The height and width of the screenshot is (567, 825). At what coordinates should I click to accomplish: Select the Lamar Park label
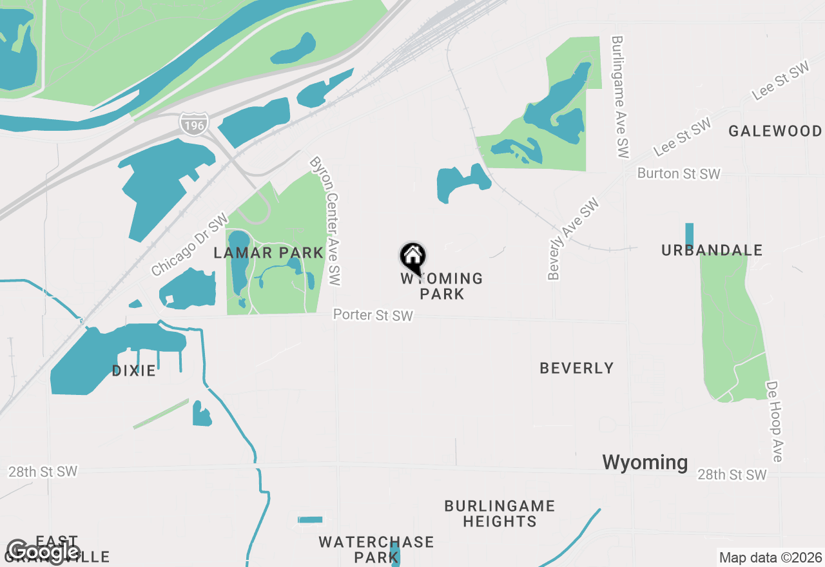268,253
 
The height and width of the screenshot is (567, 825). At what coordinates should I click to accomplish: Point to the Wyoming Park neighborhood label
442,286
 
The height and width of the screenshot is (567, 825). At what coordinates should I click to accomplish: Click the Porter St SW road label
373,315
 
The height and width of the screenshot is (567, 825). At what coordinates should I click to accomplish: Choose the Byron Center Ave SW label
325,221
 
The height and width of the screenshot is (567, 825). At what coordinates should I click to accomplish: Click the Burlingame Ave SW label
619,97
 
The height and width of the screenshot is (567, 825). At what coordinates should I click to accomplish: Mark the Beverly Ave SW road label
574,239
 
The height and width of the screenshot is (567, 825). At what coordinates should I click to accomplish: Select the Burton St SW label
679,174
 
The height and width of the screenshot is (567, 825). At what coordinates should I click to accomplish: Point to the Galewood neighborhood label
775,131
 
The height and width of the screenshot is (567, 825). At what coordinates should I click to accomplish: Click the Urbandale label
712,251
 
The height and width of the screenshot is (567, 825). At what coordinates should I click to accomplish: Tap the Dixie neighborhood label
134,370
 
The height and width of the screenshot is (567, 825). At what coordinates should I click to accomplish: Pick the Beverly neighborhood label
577,368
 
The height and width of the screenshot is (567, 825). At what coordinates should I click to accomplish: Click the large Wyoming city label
645,462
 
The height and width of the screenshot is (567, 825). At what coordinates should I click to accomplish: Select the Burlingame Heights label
500,514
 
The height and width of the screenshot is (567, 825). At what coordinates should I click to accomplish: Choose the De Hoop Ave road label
773,421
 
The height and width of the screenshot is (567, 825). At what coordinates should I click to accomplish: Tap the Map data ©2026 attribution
770,557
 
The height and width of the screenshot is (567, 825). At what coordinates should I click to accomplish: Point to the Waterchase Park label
376,549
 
